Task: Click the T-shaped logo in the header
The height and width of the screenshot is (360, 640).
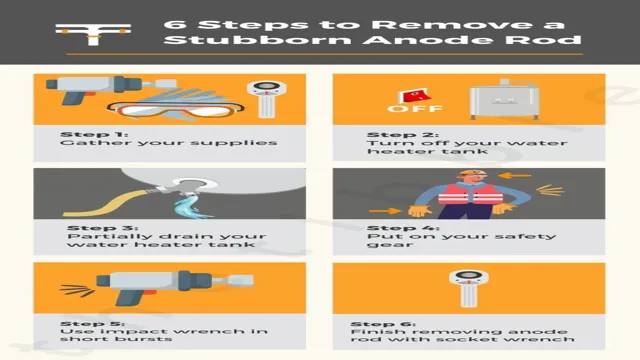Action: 93,34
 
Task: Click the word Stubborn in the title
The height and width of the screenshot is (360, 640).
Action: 257,40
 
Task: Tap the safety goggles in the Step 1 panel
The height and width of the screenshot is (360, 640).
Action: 176,110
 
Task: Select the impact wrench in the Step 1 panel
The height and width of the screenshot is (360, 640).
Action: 110,88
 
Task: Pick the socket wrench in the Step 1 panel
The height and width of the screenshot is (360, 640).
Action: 267,99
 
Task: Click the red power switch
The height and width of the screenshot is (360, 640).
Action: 414,96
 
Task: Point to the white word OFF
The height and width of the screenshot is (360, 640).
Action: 415,109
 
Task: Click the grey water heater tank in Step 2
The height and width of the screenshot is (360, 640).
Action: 504,100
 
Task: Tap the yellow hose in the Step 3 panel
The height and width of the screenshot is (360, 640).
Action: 110,202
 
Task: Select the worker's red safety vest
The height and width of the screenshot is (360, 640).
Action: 470,193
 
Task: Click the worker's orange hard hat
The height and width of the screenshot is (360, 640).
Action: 473,172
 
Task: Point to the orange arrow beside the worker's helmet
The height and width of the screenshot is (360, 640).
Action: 514,176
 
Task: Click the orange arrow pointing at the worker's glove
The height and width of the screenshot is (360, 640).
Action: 385,211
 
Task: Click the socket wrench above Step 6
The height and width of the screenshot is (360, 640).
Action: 469,288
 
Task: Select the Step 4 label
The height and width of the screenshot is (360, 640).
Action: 403,228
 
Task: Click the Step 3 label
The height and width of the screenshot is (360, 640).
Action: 102,228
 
